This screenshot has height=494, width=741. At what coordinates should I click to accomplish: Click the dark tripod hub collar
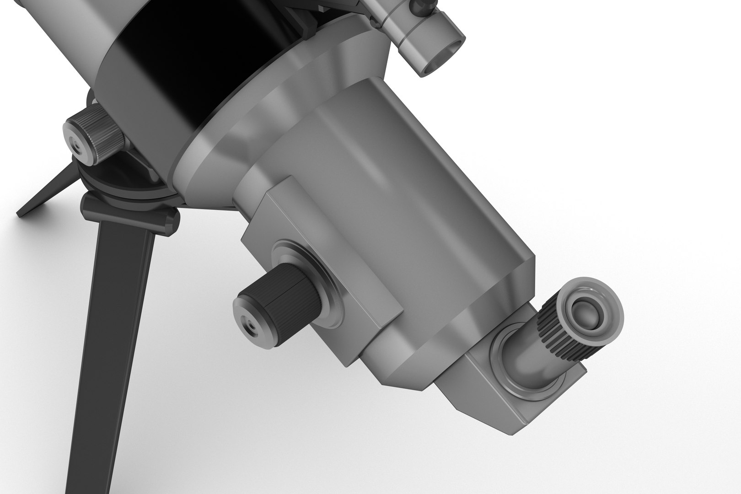tap(128, 210)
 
